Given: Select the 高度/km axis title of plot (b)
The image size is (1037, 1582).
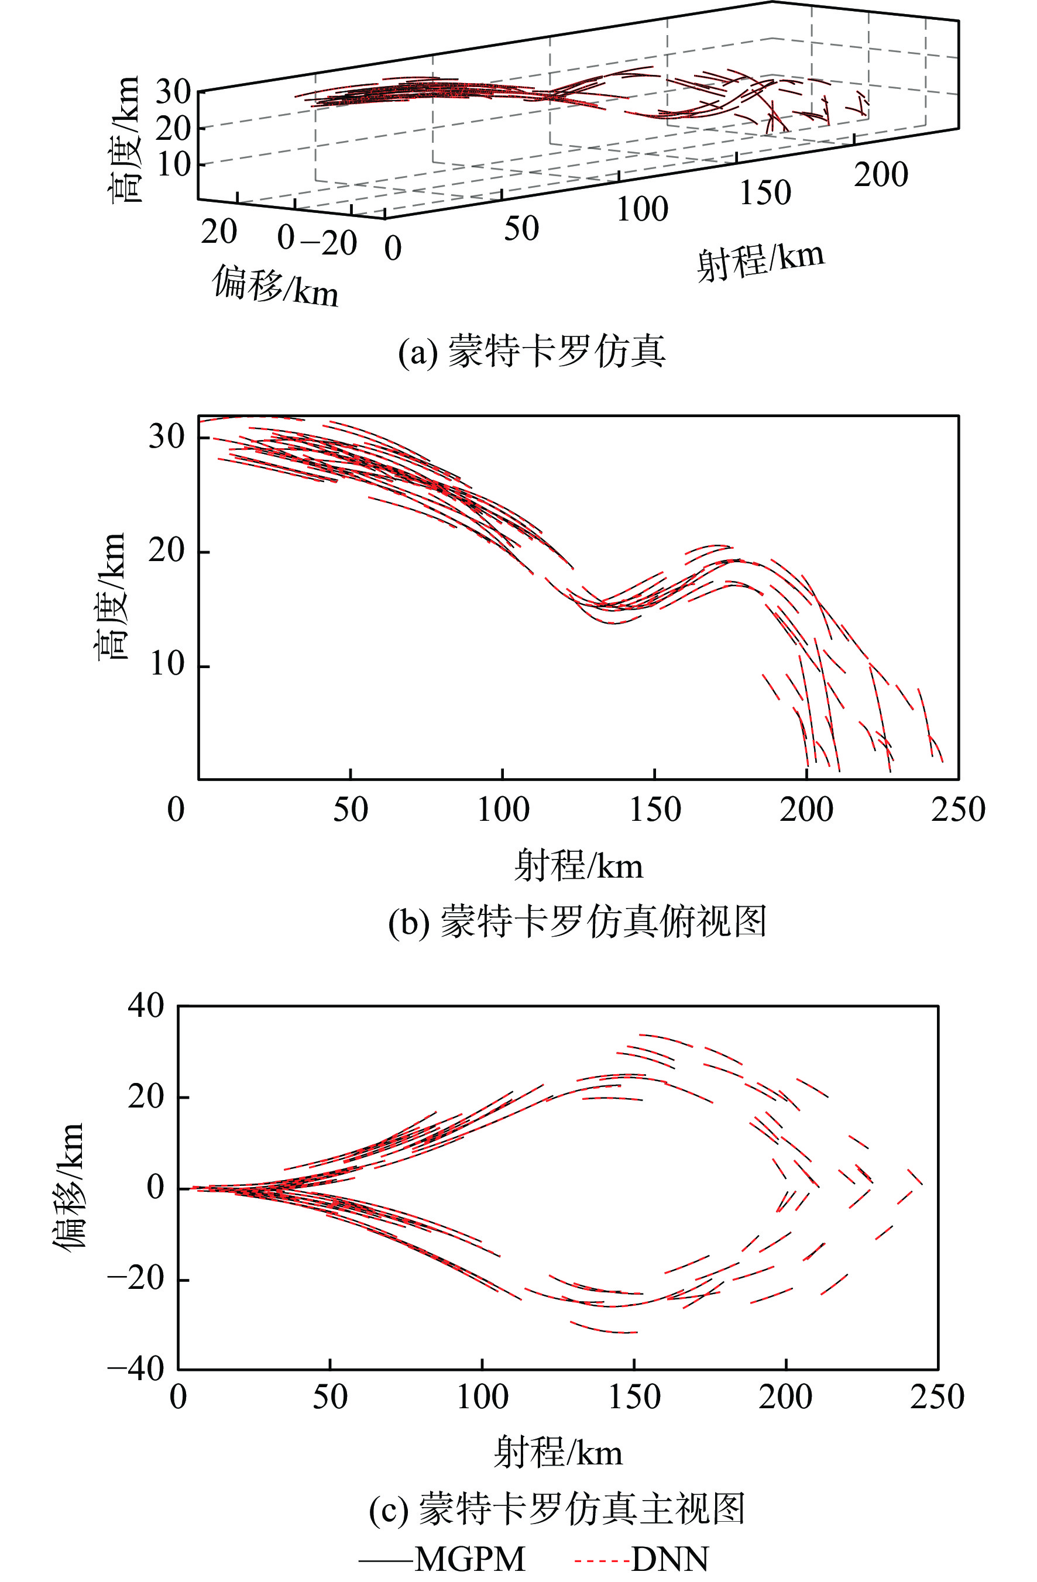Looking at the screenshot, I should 111,596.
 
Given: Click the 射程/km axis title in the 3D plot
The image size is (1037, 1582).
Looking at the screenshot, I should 760,262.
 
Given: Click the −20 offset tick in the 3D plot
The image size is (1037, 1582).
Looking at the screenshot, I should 329,243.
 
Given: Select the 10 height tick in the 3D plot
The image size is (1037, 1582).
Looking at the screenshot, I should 173,165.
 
